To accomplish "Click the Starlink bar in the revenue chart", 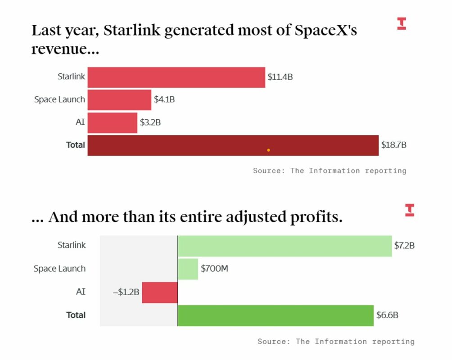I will coord(176,77).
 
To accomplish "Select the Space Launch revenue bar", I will coord(119,100).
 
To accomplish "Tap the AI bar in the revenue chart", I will coord(112,123).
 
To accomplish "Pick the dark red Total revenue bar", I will coord(233,145).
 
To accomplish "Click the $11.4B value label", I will coord(280,77).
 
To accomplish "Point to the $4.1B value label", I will coord(164,100).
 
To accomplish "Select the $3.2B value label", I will coord(150,122).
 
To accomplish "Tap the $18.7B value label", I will coord(394,145).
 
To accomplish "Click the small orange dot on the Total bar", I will coord(268,150).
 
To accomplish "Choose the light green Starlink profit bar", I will coord(285,246).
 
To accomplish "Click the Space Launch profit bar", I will coord(188,269).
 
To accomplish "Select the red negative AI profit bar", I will coord(159,292).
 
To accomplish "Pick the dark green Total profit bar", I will coord(276,315).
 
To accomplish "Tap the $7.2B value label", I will coord(404,246).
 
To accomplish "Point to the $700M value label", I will coord(214,269).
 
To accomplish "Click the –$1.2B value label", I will coord(126,292).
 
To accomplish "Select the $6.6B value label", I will coord(387,315).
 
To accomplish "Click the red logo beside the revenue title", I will coord(401,23).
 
